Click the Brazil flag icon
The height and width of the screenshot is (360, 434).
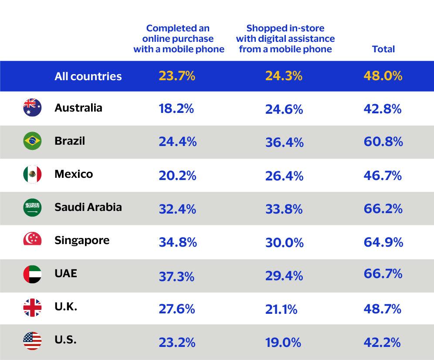[32, 141]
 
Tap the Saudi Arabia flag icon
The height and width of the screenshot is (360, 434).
[32, 207]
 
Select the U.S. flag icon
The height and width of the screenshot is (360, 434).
[32, 341]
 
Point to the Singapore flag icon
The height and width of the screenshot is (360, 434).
[32, 239]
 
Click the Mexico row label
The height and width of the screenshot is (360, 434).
[74, 174]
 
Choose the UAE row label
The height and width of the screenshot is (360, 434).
[66, 273]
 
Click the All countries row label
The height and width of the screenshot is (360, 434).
[88, 76]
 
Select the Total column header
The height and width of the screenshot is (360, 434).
[383, 49]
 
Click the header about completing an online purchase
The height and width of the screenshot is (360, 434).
[179, 39]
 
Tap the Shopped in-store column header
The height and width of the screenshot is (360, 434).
[285, 39]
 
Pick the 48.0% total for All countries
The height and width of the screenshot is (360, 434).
[383, 76]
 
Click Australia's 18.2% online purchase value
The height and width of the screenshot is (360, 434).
[176, 109]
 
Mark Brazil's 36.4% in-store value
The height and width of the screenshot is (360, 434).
[284, 142]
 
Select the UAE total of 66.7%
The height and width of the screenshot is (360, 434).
[383, 275]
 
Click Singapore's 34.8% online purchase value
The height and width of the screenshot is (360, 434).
[178, 242]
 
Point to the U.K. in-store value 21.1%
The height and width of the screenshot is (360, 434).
[281, 309]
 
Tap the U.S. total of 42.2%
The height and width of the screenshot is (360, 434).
[382, 343]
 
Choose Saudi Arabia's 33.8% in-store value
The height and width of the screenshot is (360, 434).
[284, 209]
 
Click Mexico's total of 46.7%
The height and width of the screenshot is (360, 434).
[383, 176]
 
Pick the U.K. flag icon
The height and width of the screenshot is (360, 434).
[32, 308]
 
